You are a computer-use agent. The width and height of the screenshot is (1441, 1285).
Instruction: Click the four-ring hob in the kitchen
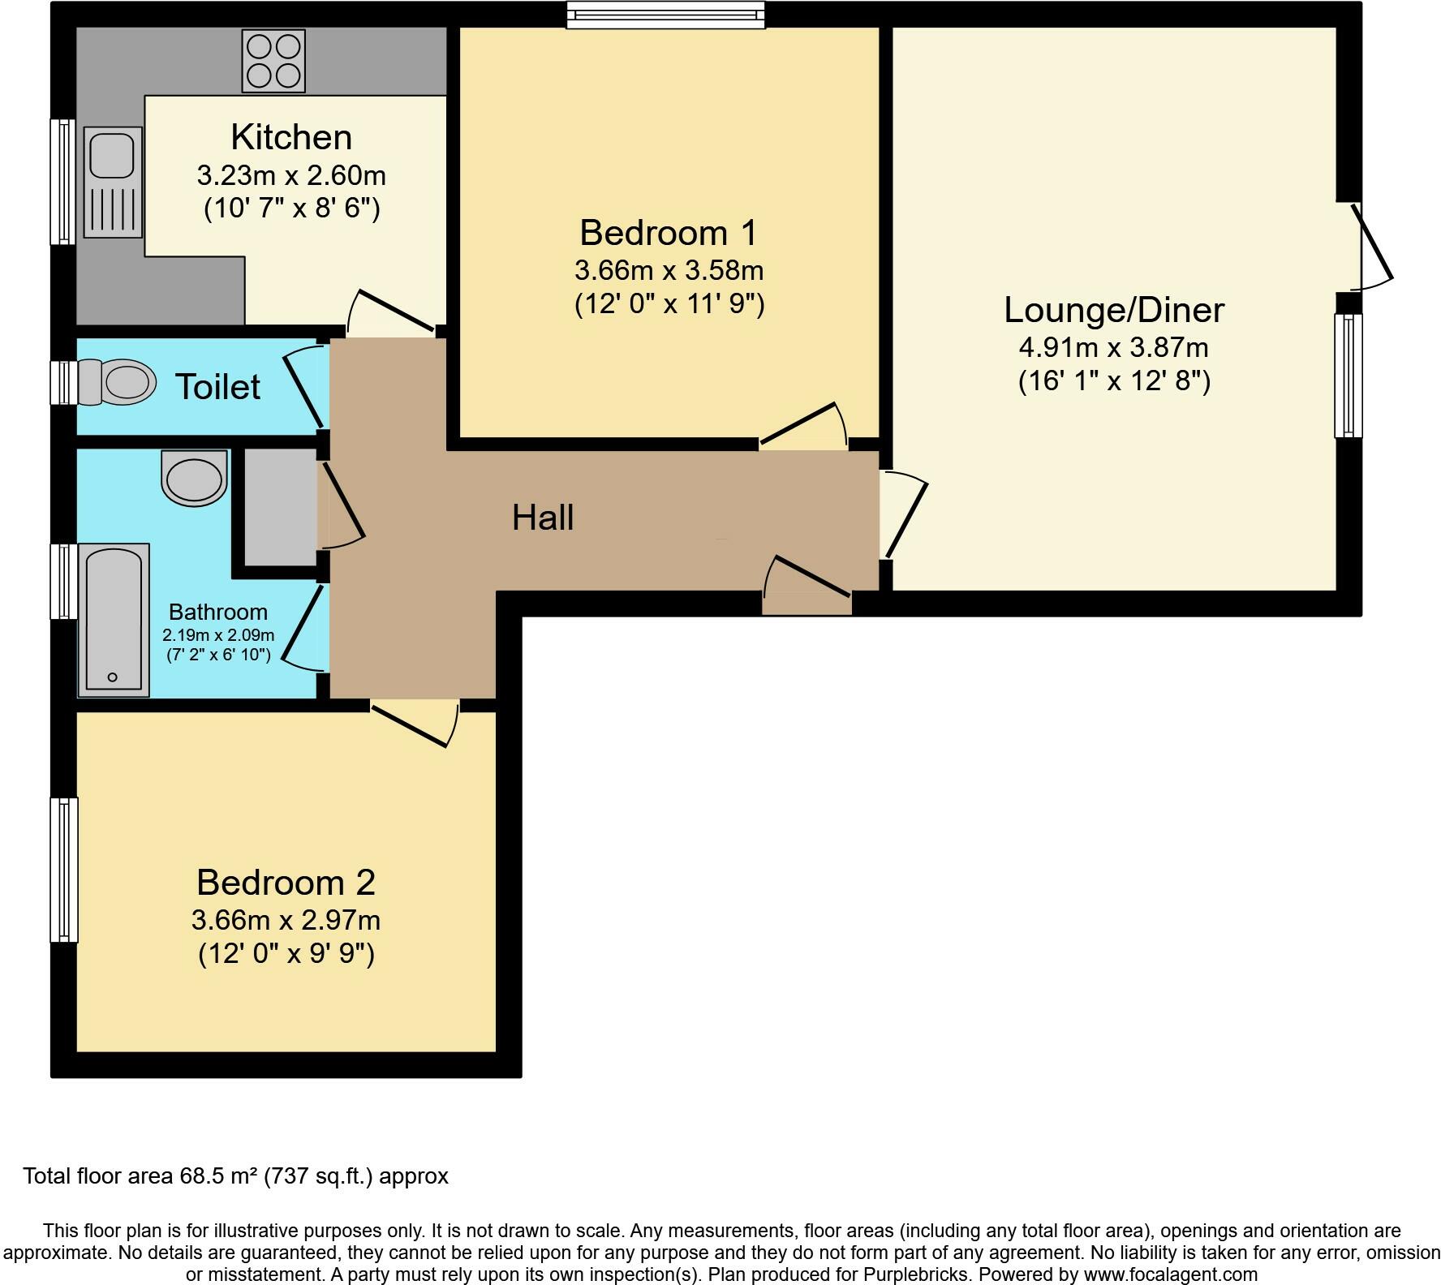pos(273,61)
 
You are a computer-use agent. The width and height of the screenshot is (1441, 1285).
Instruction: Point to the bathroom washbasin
pos(194,479)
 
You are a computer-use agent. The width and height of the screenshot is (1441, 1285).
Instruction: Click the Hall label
pos(543,518)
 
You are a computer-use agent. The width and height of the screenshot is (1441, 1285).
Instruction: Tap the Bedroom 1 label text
pos(668,233)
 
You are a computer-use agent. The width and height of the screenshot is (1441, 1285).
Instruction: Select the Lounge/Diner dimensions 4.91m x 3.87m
pos(1113,347)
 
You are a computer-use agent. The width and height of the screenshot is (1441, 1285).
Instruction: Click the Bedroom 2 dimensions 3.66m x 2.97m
pos(286,920)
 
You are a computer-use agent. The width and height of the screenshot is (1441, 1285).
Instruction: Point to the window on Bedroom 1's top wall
pos(665,15)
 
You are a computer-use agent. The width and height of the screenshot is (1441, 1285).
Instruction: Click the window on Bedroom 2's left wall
pos(64,870)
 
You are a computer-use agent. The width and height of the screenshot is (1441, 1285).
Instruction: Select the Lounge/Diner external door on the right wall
pos(1371,245)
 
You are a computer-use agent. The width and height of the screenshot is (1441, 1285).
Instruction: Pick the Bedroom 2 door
pos(414,722)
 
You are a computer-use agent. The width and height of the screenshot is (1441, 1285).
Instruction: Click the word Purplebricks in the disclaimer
pos(922,1274)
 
